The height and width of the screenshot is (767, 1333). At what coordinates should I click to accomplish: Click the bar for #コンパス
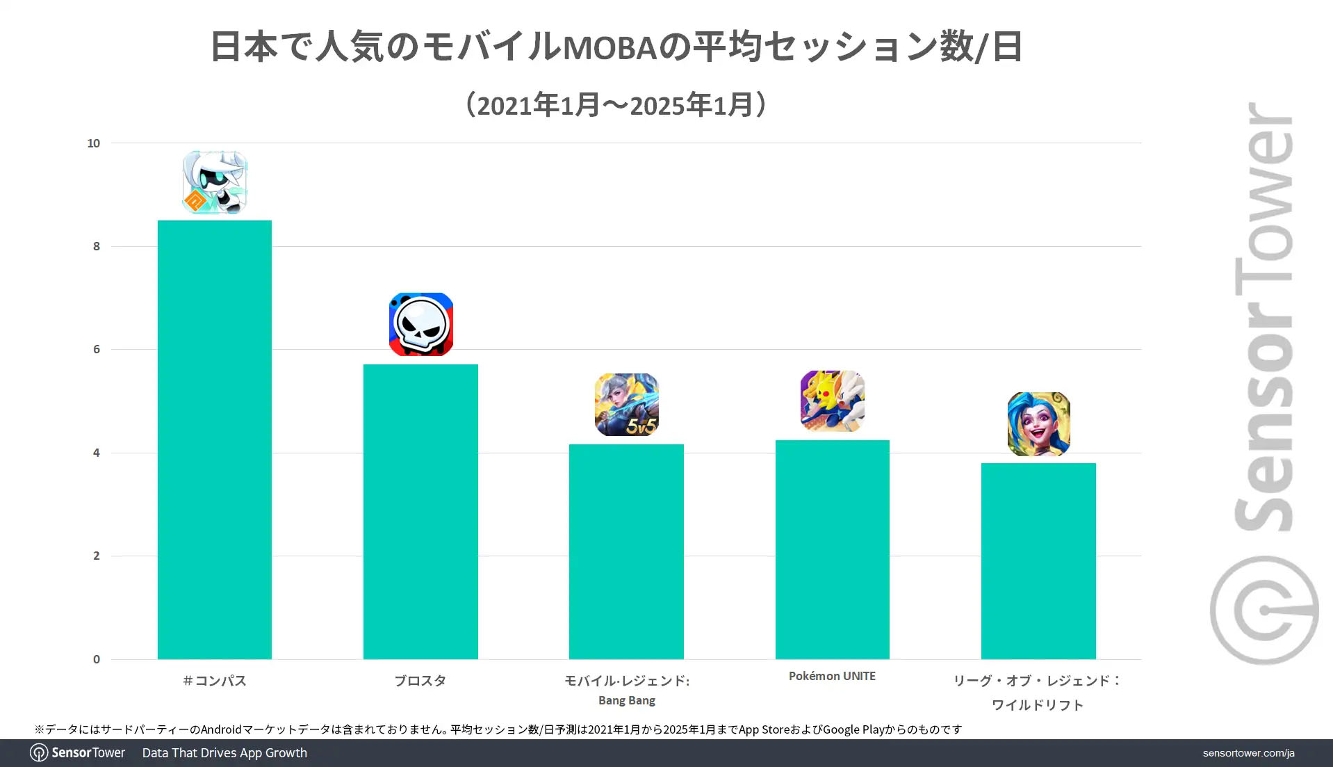tap(214, 439)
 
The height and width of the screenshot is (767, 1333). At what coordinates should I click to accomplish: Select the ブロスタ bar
tap(420, 511)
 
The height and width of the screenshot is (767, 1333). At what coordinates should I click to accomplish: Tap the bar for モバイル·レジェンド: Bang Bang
tap(626, 551)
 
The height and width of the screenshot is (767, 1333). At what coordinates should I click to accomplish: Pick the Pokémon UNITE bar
tap(832, 549)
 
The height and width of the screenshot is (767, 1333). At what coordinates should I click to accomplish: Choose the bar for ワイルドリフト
tap(1038, 560)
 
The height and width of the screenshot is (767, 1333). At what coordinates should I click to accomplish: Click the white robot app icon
tap(215, 182)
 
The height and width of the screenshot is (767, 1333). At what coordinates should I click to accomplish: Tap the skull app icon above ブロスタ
tap(421, 324)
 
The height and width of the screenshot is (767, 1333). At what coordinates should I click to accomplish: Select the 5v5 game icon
tap(626, 405)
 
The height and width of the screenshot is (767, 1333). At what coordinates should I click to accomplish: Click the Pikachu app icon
tap(832, 401)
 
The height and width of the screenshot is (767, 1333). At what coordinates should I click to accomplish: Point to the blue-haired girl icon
tap(1038, 424)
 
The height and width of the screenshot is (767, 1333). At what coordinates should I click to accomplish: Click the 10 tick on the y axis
tap(93, 143)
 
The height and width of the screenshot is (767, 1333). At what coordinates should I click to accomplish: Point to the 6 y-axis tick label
tap(97, 349)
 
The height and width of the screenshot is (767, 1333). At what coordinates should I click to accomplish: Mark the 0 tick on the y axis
tap(97, 659)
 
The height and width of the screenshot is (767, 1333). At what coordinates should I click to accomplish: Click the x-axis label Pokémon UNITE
tap(832, 676)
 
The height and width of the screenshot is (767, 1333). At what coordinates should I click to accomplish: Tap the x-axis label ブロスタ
tap(420, 681)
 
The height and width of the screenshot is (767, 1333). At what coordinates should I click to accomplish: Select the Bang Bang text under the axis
tap(626, 700)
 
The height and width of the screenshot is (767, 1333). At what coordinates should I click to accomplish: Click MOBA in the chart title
tap(609, 48)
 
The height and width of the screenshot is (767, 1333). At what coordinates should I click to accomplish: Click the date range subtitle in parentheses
tap(616, 105)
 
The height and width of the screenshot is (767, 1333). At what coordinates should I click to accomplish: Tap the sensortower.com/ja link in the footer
tap(1248, 753)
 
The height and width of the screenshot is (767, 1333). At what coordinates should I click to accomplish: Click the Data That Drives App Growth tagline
tap(224, 753)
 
